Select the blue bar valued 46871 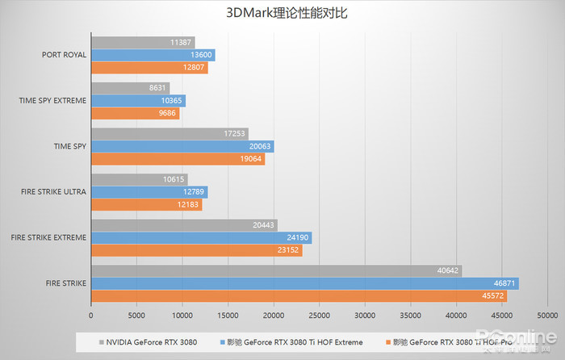pos(304,284)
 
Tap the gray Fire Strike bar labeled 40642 pos(276,271)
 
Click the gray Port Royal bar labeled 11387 pos(143,42)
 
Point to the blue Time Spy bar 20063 pos(182,146)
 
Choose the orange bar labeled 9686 pos(135,114)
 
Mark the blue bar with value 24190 pos(201,238)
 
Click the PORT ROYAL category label pos(65,55)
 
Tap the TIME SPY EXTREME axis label pos(53,101)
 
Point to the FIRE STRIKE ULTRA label pos(55,192)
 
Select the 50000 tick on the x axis pos(548,315)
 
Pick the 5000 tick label pos(136,315)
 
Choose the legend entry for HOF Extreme pos(299,341)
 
